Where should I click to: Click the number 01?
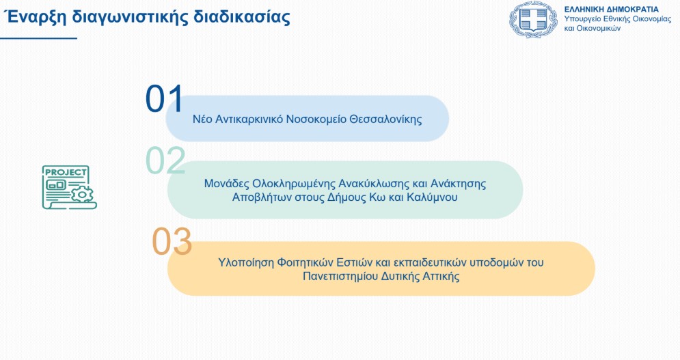[x=165, y=98]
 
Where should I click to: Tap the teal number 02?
[x=165, y=161]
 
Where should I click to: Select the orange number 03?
[x=172, y=241]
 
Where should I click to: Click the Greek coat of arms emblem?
[x=533, y=20]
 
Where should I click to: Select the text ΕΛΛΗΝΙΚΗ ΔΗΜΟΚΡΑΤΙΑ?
[x=611, y=9]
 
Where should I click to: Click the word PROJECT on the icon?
[x=66, y=172]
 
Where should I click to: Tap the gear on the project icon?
[x=82, y=193]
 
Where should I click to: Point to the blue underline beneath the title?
[x=38, y=38]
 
